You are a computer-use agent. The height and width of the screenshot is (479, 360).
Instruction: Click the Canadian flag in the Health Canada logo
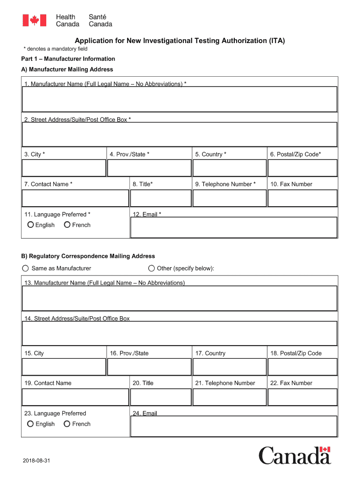pos(35,21)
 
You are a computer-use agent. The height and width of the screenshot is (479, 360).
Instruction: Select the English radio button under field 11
pos(30,225)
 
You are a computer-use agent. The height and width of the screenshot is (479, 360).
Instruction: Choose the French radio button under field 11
pos(67,225)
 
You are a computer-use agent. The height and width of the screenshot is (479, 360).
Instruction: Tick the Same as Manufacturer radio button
pos(25,269)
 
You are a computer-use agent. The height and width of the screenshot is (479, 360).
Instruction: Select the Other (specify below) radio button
pos(151,269)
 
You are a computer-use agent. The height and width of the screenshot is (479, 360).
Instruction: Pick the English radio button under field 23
pos(30,424)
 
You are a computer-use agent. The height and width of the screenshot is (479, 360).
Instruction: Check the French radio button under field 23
pos(67,424)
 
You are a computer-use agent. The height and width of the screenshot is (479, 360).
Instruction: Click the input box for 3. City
pos(64,168)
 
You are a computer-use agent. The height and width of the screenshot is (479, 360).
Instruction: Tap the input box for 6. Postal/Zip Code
pos(302,168)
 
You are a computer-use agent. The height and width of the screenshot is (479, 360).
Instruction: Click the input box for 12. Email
pos(234,227)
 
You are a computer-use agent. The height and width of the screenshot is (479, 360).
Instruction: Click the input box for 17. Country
pos(229,367)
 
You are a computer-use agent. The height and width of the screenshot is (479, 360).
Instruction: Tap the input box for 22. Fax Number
pos(302,397)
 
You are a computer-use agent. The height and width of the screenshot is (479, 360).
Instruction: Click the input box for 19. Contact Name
pos(75,397)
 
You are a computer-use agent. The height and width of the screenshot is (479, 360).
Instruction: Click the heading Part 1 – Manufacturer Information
pos(68,59)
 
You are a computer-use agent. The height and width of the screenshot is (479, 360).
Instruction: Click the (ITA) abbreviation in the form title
pos(276,41)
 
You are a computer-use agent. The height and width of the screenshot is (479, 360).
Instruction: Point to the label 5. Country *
pos(211,154)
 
